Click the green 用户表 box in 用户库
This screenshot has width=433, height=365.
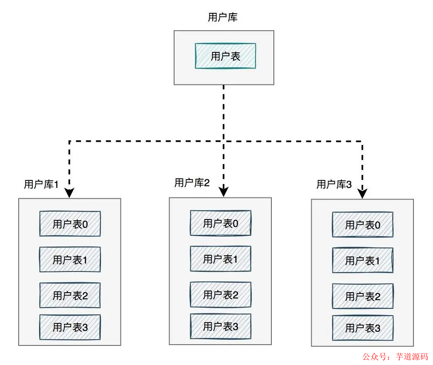coord(225,56)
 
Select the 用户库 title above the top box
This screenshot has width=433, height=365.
coord(223,17)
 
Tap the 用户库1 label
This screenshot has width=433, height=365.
coord(41,185)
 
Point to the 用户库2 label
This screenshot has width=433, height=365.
coord(192,183)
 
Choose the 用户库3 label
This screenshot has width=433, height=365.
coord(334,185)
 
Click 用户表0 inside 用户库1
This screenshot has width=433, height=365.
coord(70,224)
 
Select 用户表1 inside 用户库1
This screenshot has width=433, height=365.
coord(70,260)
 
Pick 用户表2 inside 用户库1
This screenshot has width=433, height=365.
coord(70,296)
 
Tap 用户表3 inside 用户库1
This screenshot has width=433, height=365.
coord(70,327)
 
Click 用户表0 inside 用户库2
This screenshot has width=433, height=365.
coord(221,223)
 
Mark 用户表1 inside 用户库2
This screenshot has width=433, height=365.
coord(221,259)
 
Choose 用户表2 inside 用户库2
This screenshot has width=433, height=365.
coord(221,295)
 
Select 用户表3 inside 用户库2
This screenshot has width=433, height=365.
coord(221,326)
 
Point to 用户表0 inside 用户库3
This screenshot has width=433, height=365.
coord(363,225)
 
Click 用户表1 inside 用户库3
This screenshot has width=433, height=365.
coord(363,261)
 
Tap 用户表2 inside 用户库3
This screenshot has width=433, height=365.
coord(363,296)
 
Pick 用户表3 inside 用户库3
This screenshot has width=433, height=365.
coord(363,328)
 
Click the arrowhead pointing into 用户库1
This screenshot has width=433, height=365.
coord(69,193)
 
